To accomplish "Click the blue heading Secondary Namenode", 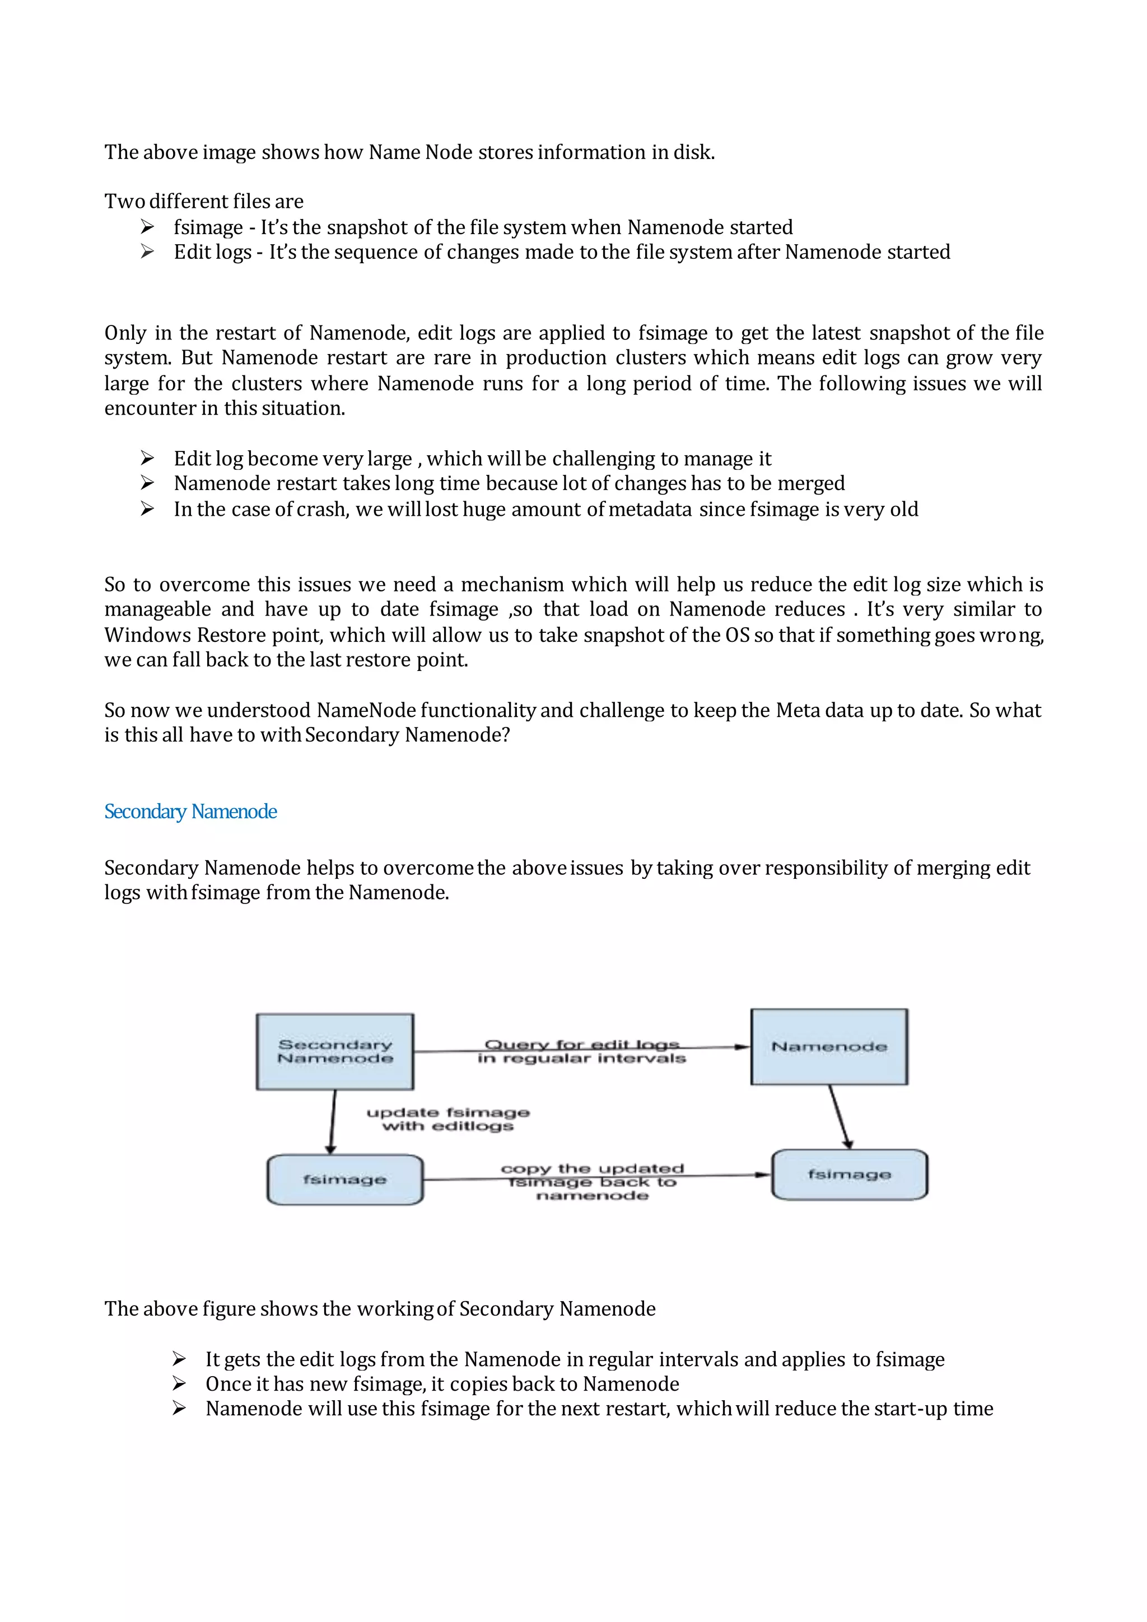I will (190, 812).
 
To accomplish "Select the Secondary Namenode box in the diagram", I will (335, 1051).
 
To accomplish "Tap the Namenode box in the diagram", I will (829, 1046).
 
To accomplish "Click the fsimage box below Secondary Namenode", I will (344, 1180).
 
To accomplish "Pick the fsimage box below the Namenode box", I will (849, 1174).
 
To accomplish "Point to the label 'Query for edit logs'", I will (581, 1044).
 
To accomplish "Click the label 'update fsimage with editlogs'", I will (448, 1119).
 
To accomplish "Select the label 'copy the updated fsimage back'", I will (592, 1182).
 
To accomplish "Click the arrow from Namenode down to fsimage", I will (839, 1116).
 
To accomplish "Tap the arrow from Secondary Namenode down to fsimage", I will (332, 1122).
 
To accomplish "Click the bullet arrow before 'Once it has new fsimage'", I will (179, 1383).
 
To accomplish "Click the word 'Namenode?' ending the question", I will (457, 735).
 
